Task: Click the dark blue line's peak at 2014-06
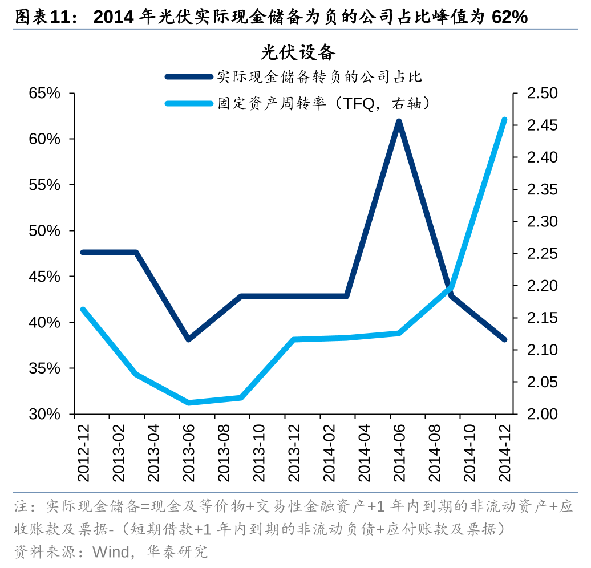[x=399, y=122]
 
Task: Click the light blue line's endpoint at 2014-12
[x=504, y=120]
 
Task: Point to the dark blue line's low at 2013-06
[x=189, y=339]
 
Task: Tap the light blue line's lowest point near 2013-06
[x=189, y=403]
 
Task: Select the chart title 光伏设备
[x=298, y=52]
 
